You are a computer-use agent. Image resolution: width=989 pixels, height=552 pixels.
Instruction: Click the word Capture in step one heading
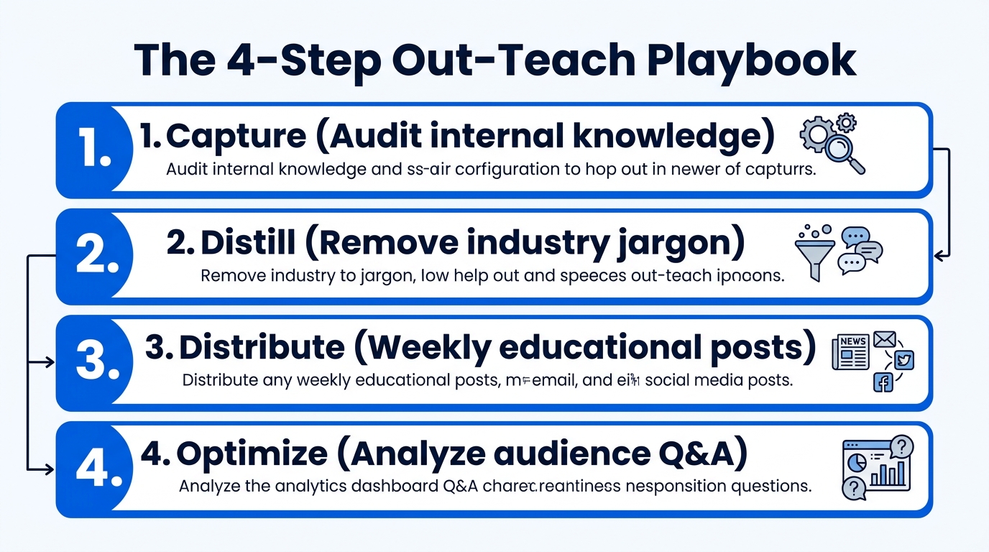229,137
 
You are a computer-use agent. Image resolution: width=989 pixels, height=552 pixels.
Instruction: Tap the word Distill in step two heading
248,244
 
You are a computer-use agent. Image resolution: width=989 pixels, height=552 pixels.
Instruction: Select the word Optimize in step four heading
252,454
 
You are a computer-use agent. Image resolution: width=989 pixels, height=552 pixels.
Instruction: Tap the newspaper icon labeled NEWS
850,352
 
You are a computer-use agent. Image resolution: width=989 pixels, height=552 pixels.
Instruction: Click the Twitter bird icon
903,360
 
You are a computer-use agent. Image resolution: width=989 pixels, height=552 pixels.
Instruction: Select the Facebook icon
883,382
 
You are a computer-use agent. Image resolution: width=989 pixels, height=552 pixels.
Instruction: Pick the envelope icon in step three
883,338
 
